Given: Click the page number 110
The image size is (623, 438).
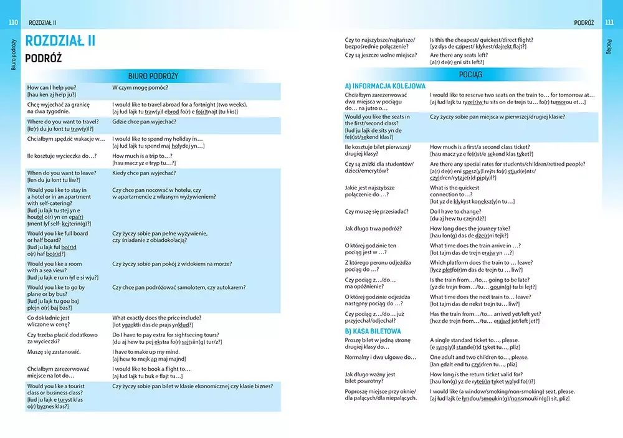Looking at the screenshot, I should (x=13, y=23).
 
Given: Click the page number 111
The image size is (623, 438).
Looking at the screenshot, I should (x=609, y=23).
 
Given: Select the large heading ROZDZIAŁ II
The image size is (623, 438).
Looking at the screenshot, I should (x=60, y=42).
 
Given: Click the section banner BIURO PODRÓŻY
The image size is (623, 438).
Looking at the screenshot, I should (x=153, y=76).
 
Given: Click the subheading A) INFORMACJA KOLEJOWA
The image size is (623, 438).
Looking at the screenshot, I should (x=385, y=86).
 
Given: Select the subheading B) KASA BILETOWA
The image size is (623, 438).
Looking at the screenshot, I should (x=373, y=331).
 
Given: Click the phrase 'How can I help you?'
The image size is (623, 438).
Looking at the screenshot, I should (x=52, y=88).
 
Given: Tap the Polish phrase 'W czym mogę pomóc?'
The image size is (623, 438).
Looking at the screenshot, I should (x=140, y=88).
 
